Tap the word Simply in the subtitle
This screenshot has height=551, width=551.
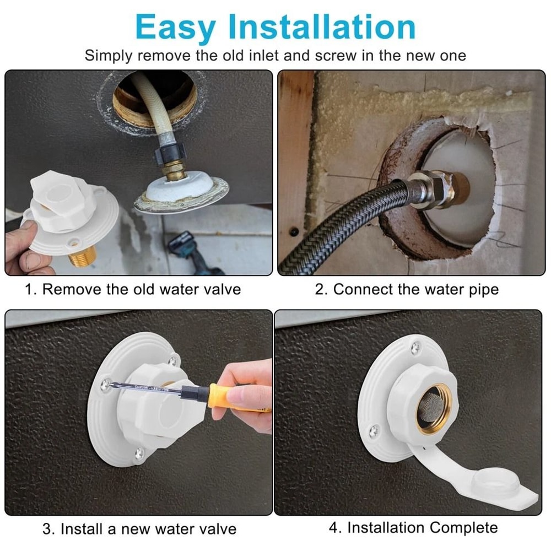coord(109,56)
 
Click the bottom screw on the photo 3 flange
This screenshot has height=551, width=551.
coord(139,453)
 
